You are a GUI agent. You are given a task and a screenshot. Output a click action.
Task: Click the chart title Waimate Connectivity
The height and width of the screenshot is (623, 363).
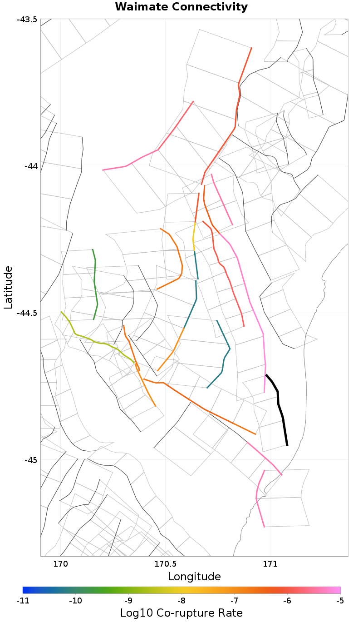tap(181, 7)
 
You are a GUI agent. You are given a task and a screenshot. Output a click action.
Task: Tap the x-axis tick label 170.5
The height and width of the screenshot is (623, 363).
tap(165, 564)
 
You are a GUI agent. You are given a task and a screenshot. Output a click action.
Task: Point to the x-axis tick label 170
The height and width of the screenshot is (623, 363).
tap(60, 564)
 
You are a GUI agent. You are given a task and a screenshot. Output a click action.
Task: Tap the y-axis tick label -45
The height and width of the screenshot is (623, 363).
tap(29, 460)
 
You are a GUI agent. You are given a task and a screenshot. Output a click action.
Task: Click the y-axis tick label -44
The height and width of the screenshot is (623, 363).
tap(29, 166)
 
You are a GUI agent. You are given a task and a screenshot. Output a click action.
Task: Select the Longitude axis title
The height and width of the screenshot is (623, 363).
tap(194, 577)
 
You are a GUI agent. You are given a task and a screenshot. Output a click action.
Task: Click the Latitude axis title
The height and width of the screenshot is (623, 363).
tap(8, 288)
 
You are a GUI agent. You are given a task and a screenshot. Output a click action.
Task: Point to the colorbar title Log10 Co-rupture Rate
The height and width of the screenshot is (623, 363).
tap(181, 613)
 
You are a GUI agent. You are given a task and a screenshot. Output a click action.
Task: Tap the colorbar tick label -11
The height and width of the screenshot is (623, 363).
tap(23, 601)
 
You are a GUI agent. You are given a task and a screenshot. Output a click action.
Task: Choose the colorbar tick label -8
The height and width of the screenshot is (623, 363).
tap(181, 601)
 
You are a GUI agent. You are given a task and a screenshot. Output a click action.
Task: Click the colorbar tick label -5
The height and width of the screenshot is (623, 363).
tap(340, 601)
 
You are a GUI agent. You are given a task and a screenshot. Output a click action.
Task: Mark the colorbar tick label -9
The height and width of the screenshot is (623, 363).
tap(128, 601)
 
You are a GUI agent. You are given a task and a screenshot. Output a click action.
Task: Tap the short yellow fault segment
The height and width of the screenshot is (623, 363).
tap(194, 236)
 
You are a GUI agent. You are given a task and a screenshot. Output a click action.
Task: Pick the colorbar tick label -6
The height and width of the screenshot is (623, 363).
tap(287, 601)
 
